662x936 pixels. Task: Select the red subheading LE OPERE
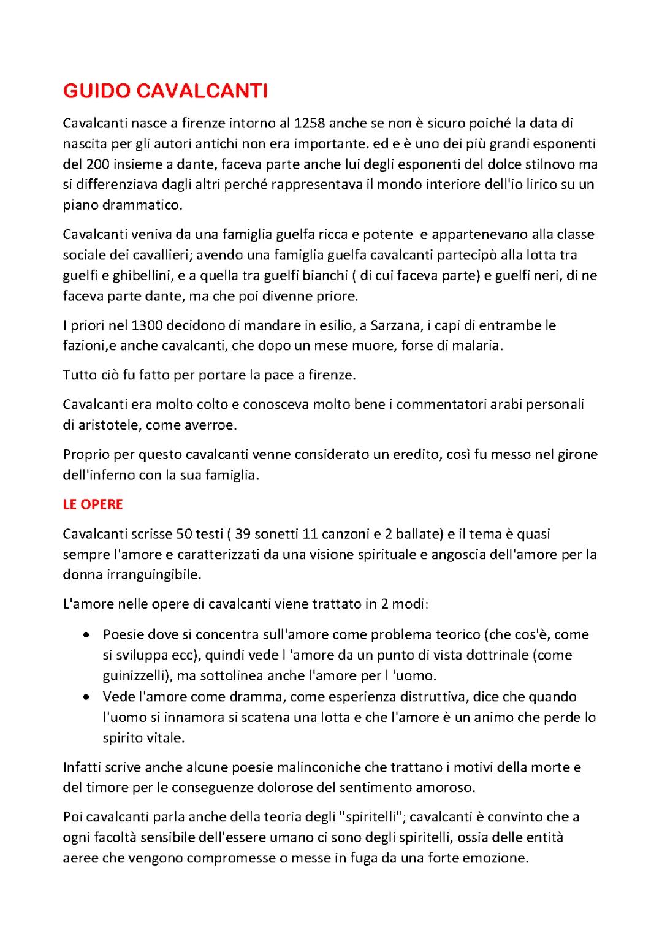pyautogui.click(x=93, y=504)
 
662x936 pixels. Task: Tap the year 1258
pyautogui.click(x=310, y=123)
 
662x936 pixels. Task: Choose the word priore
pyautogui.click(x=334, y=296)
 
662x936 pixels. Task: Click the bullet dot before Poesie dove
pyautogui.click(x=88, y=635)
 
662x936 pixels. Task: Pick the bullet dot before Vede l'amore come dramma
pyautogui.click(x=88, y=697)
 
